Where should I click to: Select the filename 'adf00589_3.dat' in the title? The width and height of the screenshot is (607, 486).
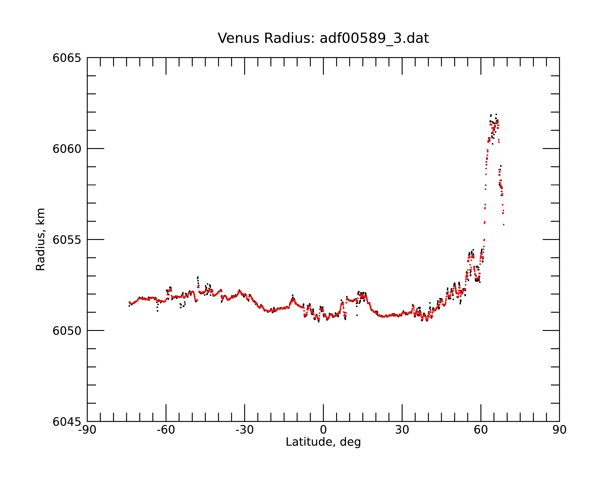(x=374, y=38)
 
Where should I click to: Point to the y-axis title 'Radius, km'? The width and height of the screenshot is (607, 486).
(x=40, y=240)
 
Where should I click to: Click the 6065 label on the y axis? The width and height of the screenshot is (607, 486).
(x=67, y=58)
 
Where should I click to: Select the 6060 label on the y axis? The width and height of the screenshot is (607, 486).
(x=67, y=149)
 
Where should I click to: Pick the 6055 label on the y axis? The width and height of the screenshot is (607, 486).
(x=67, y=240)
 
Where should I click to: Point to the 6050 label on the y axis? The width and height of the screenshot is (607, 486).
(x=67, y=331)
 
